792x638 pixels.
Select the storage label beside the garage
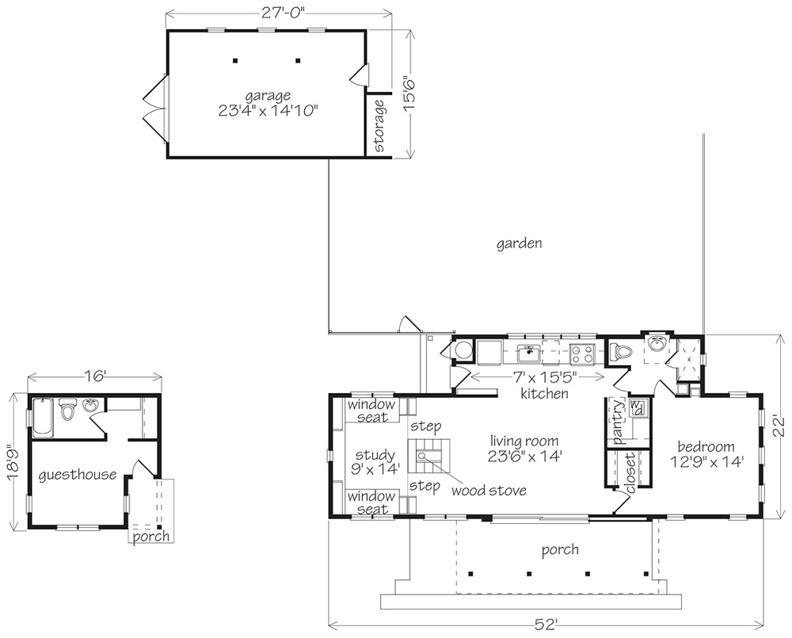379,126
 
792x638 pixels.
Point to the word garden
520,243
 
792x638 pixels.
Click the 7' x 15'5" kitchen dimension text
545,377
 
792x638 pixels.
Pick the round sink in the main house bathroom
657,344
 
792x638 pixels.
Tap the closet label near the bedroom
630,472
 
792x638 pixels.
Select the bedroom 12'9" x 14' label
706,454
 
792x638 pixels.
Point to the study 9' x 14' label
375,462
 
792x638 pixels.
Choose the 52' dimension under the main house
546,625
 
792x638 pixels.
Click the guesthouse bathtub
43,418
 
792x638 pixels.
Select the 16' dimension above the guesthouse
94,376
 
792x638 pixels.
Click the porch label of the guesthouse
151,536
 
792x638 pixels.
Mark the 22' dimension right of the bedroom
780,426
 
